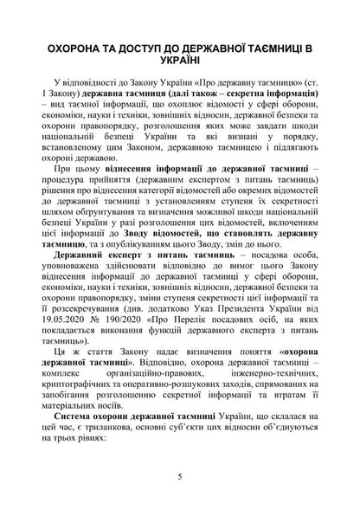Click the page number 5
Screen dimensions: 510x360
click(179, 476)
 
